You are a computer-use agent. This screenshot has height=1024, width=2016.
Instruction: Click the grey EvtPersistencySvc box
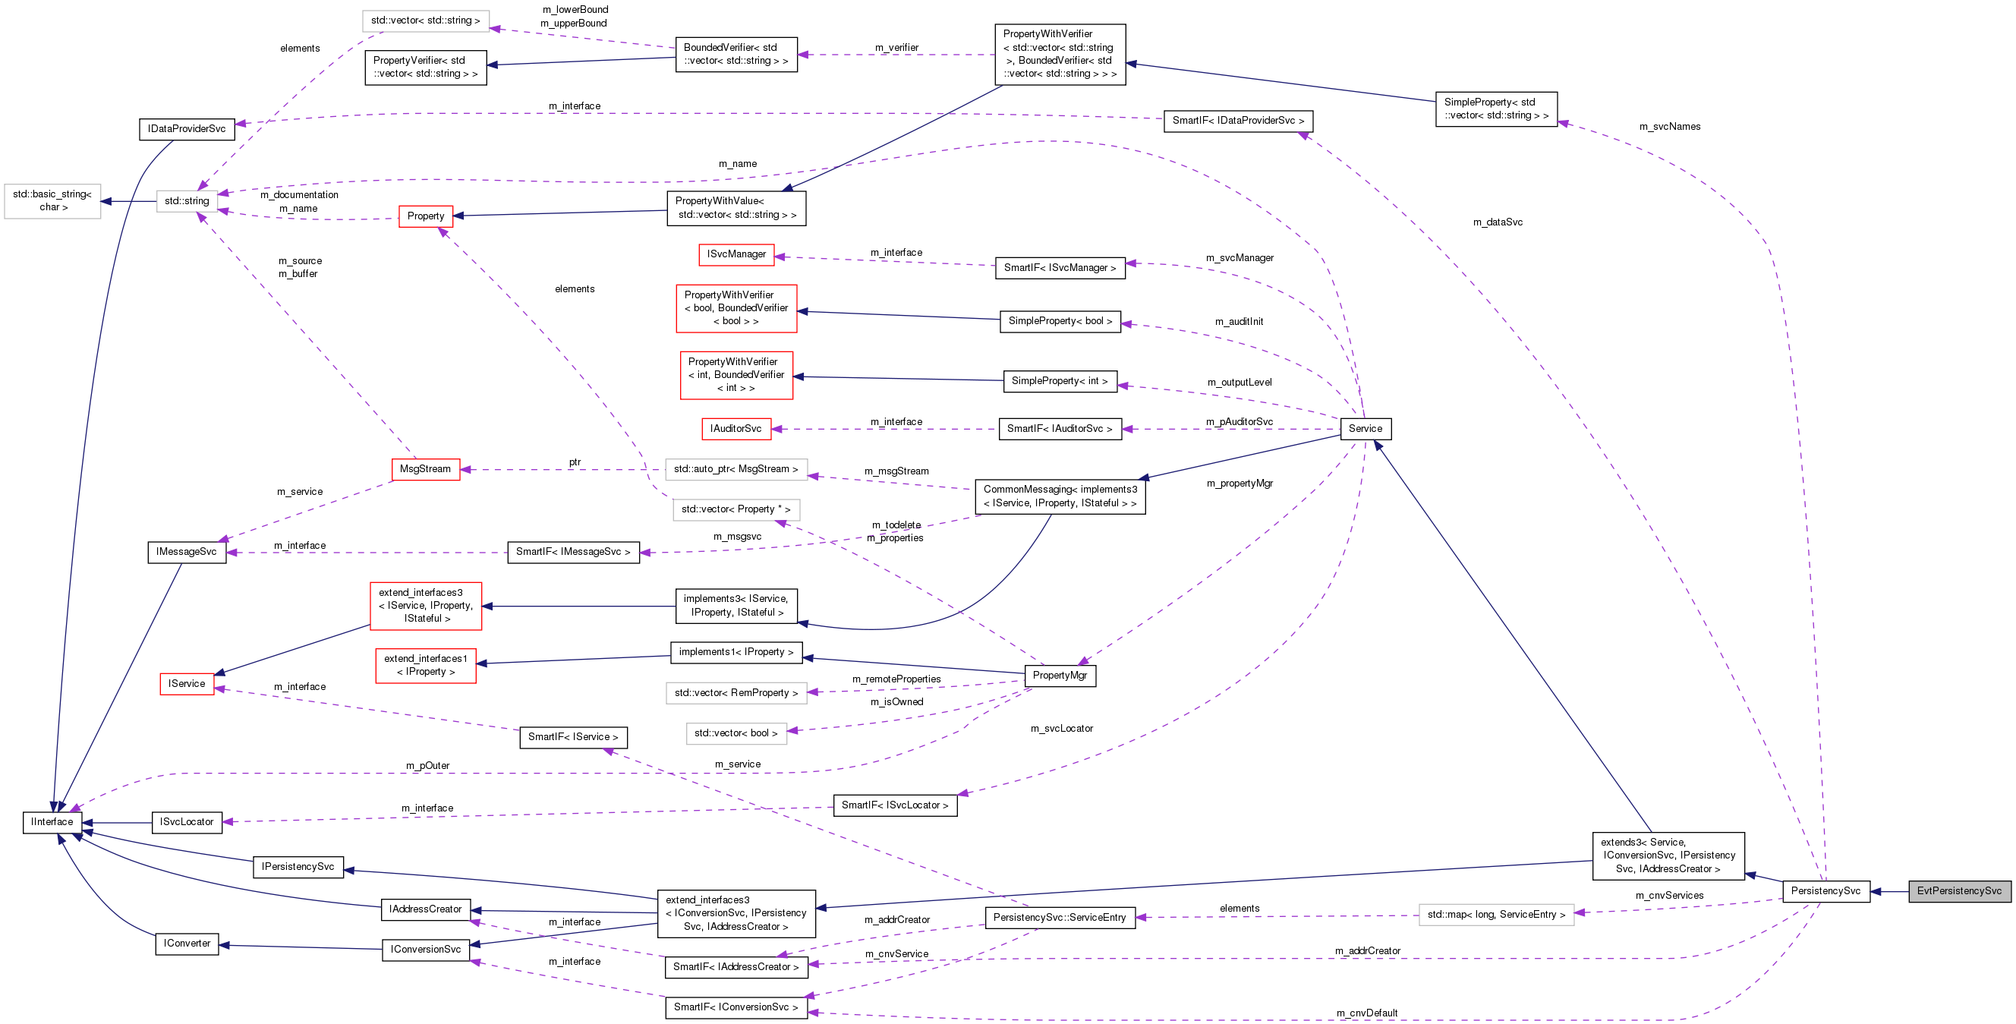[1959, 891]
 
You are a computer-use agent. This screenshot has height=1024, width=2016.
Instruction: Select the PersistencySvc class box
[1825, 891]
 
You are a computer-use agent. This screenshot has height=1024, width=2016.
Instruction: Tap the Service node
[1365, 429]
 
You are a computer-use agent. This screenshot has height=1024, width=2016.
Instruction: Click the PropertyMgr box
[1060, 676]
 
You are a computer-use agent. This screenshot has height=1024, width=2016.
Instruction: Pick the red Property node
[426, 216]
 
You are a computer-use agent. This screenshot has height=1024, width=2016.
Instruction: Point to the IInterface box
[52, 822]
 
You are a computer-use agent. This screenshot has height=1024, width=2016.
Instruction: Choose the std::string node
[186, 201]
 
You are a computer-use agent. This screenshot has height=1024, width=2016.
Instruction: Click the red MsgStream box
[425, 469]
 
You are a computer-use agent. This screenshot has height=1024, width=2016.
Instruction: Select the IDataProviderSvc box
[186, 129]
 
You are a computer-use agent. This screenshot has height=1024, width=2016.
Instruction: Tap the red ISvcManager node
[736, 254]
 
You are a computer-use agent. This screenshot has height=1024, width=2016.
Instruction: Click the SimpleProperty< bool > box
[1060, 321]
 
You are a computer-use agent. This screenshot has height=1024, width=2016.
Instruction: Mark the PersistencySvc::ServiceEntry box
[1059, 918]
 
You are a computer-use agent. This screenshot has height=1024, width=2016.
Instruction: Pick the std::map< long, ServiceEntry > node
[1495, 915]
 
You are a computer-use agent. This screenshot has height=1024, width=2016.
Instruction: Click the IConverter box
[186, 944]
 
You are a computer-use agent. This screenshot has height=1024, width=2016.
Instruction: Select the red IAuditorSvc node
[735, 429]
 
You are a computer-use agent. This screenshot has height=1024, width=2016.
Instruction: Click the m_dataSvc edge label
[1497, 222]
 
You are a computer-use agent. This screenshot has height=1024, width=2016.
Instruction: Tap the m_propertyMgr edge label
[1239, 484]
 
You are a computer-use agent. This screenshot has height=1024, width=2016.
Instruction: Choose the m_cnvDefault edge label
[1366, 1013]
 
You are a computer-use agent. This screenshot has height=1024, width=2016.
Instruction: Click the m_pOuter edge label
[427, 766]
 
